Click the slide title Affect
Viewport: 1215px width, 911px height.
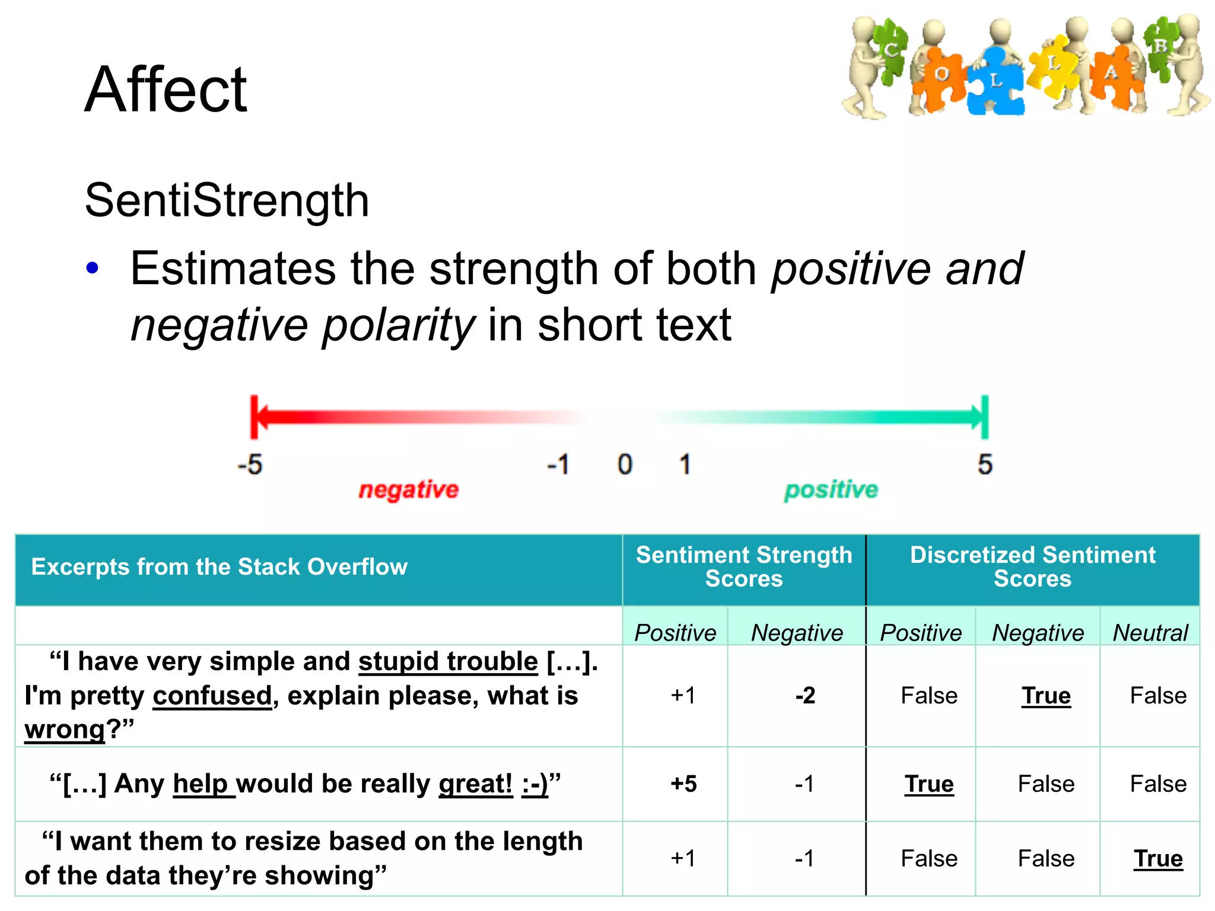pos(166,90)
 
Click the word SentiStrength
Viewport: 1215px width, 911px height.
pos(227,200)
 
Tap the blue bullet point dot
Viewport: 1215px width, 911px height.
pos(92,268)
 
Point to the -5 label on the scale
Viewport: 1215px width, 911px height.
pos(250,464)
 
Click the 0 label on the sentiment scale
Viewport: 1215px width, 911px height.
pos(625,464)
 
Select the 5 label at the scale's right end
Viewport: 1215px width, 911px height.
pos(985,464)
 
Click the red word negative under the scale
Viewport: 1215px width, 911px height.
pos(408,490)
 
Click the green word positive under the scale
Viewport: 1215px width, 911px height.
pos(831,490)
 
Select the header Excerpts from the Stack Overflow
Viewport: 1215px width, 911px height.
pos(219,567)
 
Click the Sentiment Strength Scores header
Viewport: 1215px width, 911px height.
pos(744,567)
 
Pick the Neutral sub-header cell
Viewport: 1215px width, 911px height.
pos(1150,633)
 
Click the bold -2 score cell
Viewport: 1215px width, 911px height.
pos(805,695)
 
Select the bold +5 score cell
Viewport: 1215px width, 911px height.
pos(683,784)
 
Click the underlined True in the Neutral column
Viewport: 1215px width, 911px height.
pos(1158,859)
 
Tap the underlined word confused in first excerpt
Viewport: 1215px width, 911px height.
pos(212,696)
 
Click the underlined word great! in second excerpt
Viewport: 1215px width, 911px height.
pos(475,784)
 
